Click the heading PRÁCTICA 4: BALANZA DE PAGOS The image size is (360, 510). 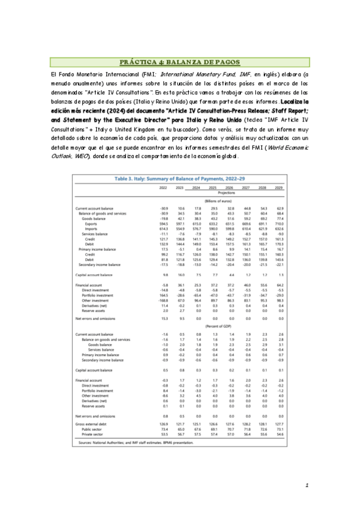tap(180, 62)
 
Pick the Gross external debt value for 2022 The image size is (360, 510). tap(163, 423)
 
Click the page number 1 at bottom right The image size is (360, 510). tap(307, 485)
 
